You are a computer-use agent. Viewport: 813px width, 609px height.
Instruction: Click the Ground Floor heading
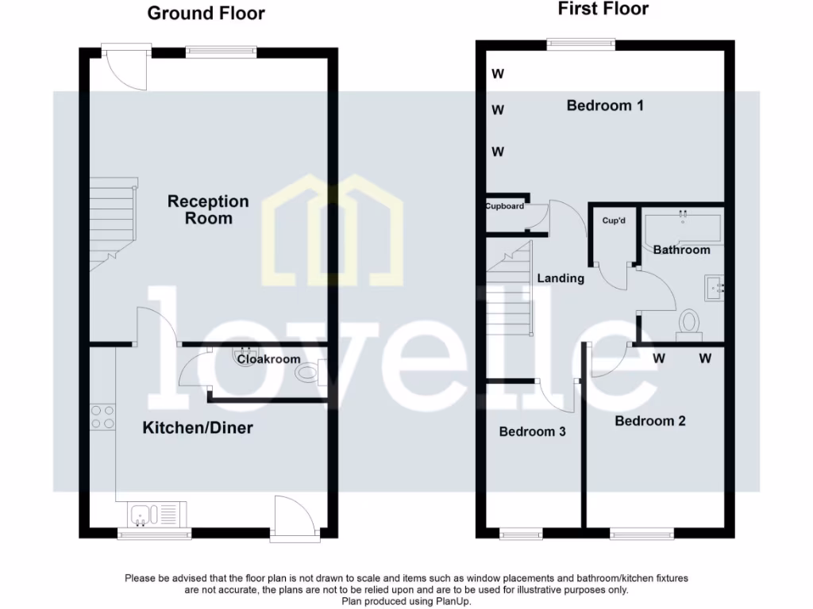pos(206,13)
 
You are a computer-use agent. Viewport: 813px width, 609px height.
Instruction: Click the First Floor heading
pos(603,10)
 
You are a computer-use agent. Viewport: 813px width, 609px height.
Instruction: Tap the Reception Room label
pos(208,210)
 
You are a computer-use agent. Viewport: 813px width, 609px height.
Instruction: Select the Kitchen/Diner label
pos(198,428)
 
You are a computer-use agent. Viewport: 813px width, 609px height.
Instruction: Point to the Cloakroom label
pos(269,359)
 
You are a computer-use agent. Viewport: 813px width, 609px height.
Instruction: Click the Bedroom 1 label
pos(605,105)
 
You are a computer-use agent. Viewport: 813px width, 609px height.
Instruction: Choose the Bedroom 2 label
pos(650,421)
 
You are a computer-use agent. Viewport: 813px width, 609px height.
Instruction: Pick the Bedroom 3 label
pos(532,432)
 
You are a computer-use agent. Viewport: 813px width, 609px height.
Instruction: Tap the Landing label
pos(561,278)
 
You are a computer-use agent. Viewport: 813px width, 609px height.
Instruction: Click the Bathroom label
pos(681,250)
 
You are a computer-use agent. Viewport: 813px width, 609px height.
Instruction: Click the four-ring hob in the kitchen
pos(102,417)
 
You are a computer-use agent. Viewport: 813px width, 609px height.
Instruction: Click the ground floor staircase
pos(112,222)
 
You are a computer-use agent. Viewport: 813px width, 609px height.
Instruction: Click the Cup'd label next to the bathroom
pos(614,220)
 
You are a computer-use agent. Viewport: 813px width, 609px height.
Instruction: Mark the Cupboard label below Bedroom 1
pos(505,206)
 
